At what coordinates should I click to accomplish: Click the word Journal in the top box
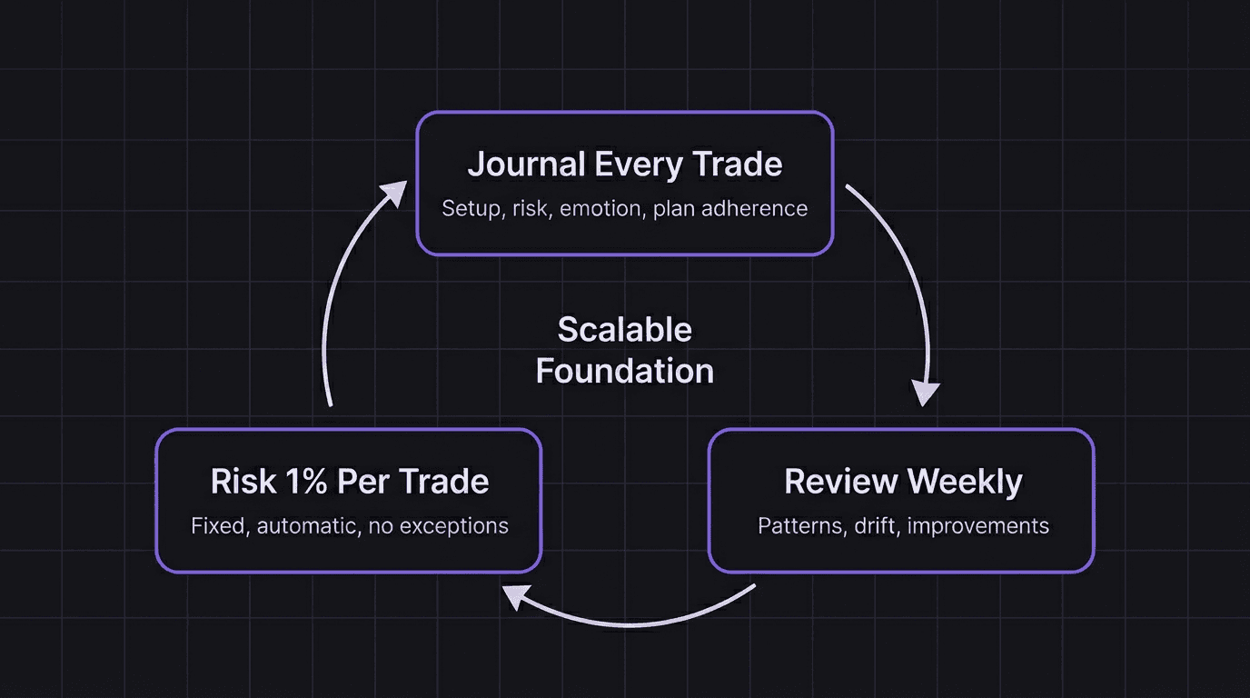(526, 165)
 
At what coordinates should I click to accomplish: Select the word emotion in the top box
(599, 208)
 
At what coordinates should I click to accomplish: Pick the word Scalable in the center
(625, 329)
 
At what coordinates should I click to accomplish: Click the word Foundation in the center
(625, 371)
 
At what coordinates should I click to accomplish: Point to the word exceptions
(452, 525)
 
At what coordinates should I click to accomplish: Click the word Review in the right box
(840, 481)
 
